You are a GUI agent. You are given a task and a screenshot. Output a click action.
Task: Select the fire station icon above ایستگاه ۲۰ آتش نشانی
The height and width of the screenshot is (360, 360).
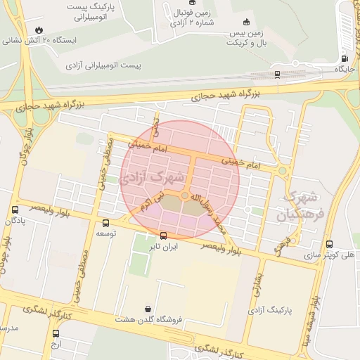38,30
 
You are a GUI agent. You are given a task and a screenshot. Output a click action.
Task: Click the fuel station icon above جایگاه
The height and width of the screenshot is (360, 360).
344,58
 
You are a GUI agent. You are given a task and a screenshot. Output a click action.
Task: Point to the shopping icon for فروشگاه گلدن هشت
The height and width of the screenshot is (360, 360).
147,308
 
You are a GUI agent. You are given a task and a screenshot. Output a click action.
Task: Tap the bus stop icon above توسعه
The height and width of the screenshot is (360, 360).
105,222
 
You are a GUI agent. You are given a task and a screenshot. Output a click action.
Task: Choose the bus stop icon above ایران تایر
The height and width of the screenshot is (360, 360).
164,236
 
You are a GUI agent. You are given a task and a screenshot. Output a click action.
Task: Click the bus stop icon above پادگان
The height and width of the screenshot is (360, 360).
15,210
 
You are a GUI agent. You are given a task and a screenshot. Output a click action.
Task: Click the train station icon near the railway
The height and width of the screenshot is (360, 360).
277,73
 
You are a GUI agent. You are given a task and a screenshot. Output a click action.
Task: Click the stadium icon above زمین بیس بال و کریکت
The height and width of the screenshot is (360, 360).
245,22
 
